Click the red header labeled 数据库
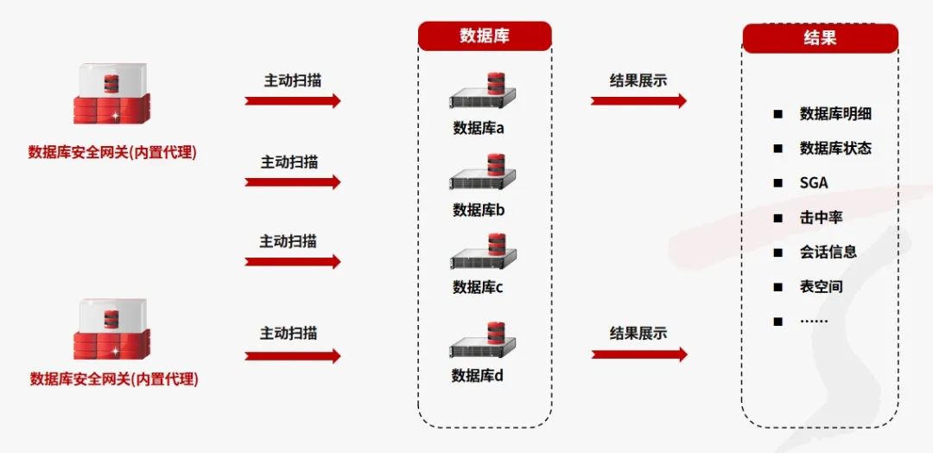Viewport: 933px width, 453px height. [485, 36]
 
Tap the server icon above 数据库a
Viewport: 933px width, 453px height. [483, 91]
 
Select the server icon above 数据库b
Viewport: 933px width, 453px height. [483, 173]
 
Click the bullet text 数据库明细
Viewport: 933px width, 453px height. [835, 114]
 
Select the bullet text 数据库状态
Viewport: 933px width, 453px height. [835, 149]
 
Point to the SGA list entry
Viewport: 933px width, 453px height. [814, 183]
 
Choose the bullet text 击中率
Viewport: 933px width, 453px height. [821, 218]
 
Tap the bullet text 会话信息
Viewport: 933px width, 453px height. [828, 252]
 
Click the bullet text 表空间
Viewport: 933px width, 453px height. [821, 287]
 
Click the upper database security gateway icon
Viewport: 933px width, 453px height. [111, 96]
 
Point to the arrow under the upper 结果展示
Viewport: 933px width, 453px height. [638, 100]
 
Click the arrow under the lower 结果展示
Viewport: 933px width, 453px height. [639, 354]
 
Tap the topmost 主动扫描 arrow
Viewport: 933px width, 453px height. [293, 100]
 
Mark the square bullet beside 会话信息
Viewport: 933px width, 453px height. [777, 252]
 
